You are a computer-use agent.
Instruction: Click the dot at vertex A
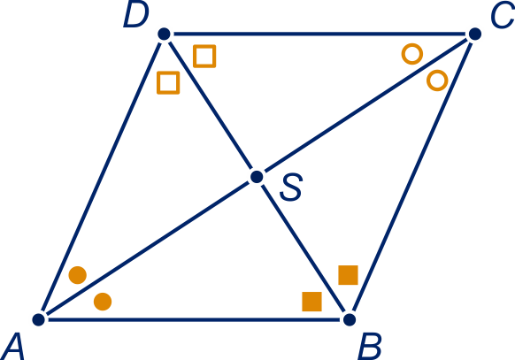click(38, 319)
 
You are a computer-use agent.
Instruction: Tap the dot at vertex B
click(350, 319)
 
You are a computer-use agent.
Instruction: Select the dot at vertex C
click(474, 34)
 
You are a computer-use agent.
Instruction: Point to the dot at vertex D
click(164, 34)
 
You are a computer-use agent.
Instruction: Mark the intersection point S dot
click(257, 177)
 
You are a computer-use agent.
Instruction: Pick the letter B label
click(370, 346)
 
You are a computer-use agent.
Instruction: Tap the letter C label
click(503, 17)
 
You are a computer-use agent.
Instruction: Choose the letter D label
click(136, 15)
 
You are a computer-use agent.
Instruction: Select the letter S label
click(291, 187)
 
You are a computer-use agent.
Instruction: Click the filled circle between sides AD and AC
click(78, 275)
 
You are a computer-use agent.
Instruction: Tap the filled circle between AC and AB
click(103, 302)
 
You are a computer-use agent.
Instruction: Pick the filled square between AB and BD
click(311, 302)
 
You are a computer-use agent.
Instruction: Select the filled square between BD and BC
click(348, 275)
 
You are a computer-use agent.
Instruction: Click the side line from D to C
click(319, 34)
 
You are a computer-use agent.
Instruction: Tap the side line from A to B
click(194, 319)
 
